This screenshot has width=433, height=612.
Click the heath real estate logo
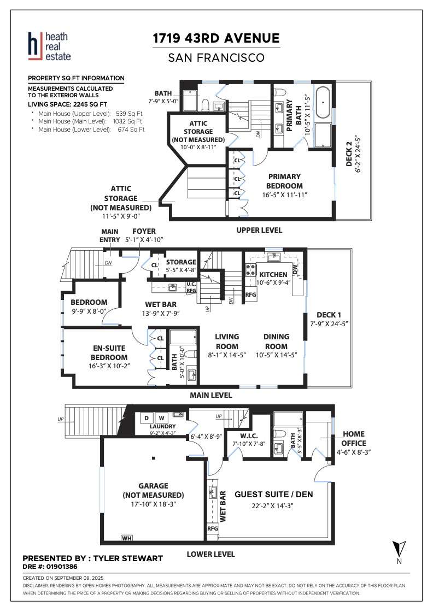49,46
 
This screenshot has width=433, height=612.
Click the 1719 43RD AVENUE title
216,38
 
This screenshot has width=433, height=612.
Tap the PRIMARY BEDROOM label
285,181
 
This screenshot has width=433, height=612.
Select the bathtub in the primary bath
323,102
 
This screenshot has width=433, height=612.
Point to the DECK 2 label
349,154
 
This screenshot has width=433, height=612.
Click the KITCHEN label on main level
273,274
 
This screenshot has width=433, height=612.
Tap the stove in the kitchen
250,269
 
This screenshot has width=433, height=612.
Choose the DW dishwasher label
295,269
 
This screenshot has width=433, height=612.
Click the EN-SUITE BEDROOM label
109,353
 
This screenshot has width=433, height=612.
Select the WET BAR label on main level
161,304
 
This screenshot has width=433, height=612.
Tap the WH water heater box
127,538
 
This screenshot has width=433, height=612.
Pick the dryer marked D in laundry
147,418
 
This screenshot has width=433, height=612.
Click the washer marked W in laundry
161,418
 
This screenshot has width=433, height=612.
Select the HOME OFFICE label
354,439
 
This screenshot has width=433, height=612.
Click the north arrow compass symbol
399,549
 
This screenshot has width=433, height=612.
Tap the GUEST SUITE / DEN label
274,495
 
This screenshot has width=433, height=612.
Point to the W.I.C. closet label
249,436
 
